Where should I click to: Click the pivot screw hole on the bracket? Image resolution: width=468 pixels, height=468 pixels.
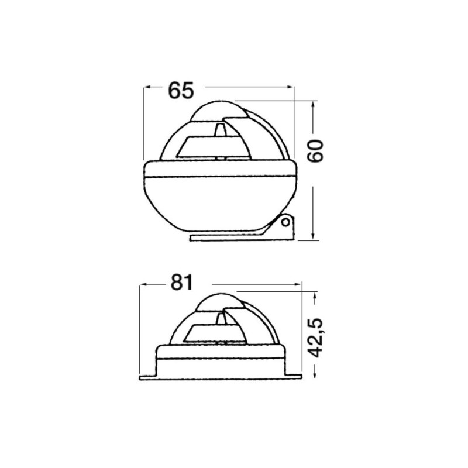pyautogui.click(x=285, y=222)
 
